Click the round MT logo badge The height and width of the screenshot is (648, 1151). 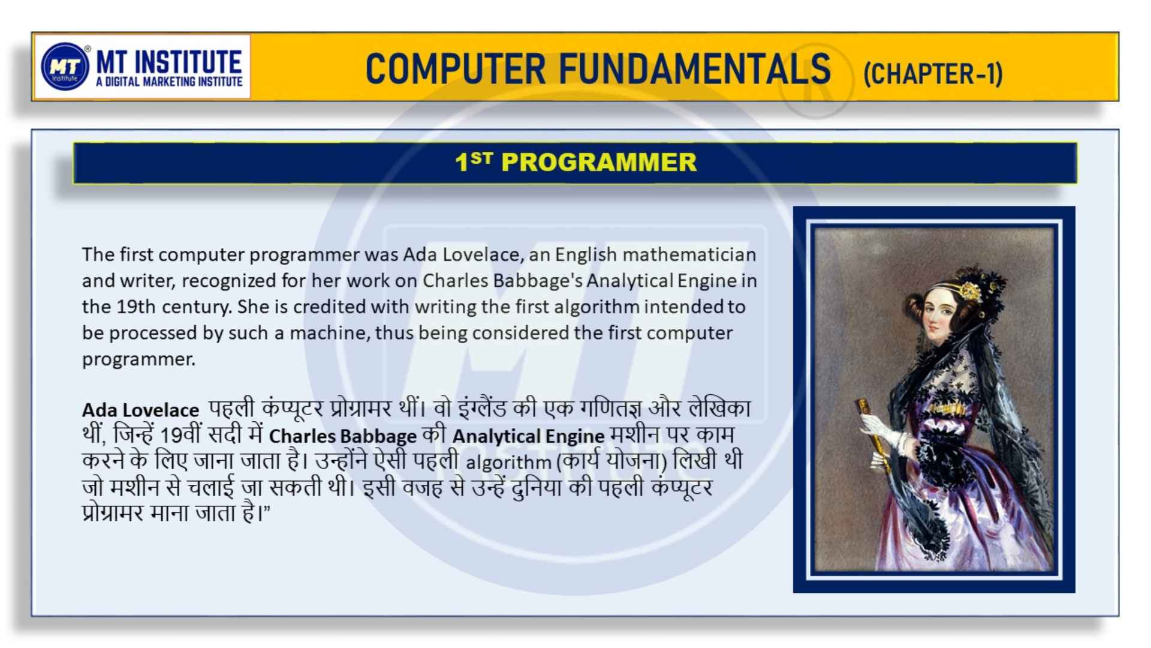[65, 67]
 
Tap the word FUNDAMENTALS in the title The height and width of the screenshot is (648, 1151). [695, 68]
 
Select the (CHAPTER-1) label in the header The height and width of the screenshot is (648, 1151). [933, 74]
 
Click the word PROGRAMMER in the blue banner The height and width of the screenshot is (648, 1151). [599, 162]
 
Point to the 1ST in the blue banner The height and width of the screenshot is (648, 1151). [473, 161]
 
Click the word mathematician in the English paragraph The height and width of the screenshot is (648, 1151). [689, 254]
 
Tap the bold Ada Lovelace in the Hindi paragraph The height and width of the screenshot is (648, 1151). [140, 410]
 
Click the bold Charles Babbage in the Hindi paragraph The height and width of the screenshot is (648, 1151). [342, 436]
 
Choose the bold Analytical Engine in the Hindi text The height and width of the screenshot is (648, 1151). [528, 436]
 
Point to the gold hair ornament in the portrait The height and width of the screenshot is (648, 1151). [966, 291]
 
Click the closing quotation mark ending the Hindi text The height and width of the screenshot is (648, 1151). [267, 508]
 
